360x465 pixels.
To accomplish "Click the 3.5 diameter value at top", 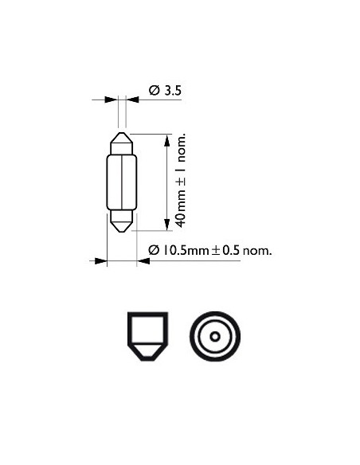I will tap(174, 92).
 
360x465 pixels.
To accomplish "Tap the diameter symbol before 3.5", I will tap(154, 92).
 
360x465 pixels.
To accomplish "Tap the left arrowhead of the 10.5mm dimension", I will tap(101, 260).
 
